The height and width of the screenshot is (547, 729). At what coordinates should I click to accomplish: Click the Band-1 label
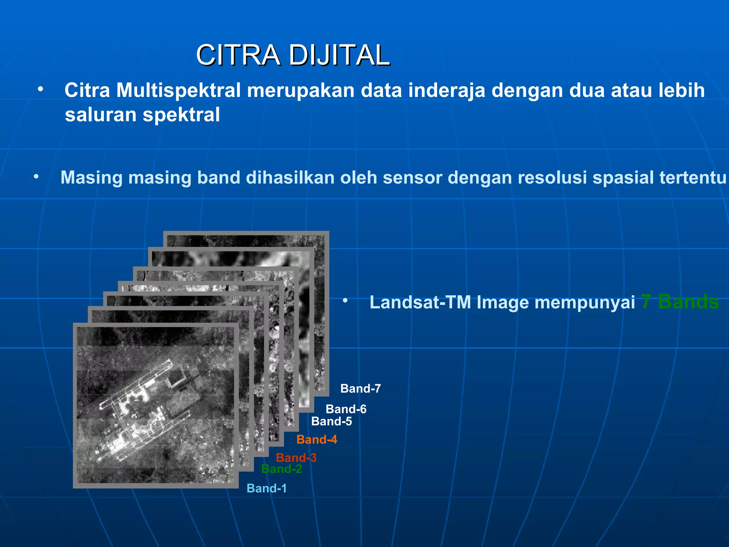click(267, 488)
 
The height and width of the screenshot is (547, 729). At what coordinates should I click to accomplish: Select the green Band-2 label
click(282, 469)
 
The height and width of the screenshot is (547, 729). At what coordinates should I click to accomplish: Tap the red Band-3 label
click(296, 458)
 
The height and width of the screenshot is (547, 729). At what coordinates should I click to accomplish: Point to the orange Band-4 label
click(317, 439)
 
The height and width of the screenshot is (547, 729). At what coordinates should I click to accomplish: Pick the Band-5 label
click(331, 421)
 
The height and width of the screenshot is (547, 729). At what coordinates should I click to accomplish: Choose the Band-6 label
click(346, 409)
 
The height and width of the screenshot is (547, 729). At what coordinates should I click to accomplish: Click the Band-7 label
click(361, 389)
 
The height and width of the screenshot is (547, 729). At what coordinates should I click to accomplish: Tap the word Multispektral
click(179, 90)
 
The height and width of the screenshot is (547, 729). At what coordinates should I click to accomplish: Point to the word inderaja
click(447, 90)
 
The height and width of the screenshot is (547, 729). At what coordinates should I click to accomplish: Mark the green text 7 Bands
click(680, 302)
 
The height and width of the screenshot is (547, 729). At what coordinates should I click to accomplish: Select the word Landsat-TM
click(420, 302)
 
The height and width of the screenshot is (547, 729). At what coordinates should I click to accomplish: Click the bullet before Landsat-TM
click(345, 301)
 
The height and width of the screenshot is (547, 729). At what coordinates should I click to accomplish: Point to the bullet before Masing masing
click(36, 176)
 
